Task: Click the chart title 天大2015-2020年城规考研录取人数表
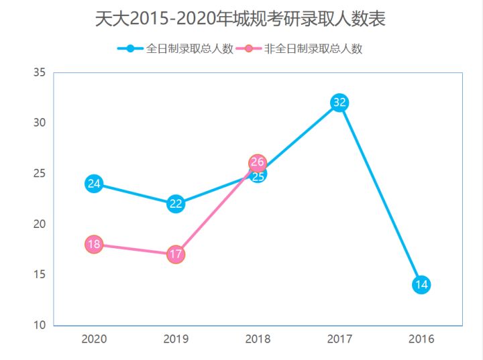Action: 240,19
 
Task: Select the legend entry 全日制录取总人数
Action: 176,49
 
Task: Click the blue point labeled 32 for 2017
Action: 339,103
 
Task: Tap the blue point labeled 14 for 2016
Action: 421,285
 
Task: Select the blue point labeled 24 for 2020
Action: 94,184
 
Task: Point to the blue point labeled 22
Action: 176,204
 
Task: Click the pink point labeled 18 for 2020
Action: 94,244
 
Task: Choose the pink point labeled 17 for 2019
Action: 176,255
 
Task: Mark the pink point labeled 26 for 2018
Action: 258,162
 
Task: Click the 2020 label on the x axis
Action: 94,339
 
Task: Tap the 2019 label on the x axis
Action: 176,339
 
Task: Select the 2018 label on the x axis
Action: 258,339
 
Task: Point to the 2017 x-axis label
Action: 339,339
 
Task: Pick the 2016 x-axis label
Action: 421,339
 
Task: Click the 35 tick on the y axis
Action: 40,72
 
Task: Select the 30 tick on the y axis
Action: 40,123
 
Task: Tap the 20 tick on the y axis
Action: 40,224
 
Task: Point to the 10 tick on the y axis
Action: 40,325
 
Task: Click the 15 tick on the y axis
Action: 40,275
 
